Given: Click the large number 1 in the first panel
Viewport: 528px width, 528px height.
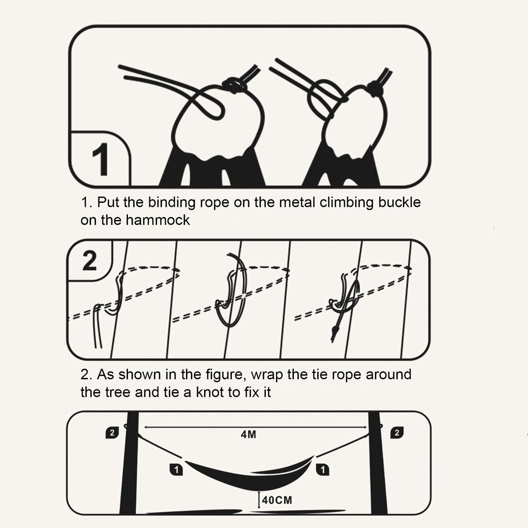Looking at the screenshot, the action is click(101, 159).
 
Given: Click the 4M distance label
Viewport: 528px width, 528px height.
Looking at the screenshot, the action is click(248, 435).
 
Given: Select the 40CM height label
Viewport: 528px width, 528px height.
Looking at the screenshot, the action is click(277, 500).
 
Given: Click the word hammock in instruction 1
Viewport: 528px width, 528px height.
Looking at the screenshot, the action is click(158, 220).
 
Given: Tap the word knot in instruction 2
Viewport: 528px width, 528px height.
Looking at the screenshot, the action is click(210, 392).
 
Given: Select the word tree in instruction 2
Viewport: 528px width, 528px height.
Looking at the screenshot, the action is click(117, 392).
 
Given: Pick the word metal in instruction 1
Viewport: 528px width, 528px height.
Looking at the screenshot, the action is click(297, 202).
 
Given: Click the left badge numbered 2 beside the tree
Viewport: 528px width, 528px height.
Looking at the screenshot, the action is click(112, 433).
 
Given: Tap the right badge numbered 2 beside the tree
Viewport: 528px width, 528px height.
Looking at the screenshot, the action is click(397, 433).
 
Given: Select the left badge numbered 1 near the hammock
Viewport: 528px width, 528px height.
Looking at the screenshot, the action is click(176, 470).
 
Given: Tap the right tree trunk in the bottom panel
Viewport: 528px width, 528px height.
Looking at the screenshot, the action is click(378, 463).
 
